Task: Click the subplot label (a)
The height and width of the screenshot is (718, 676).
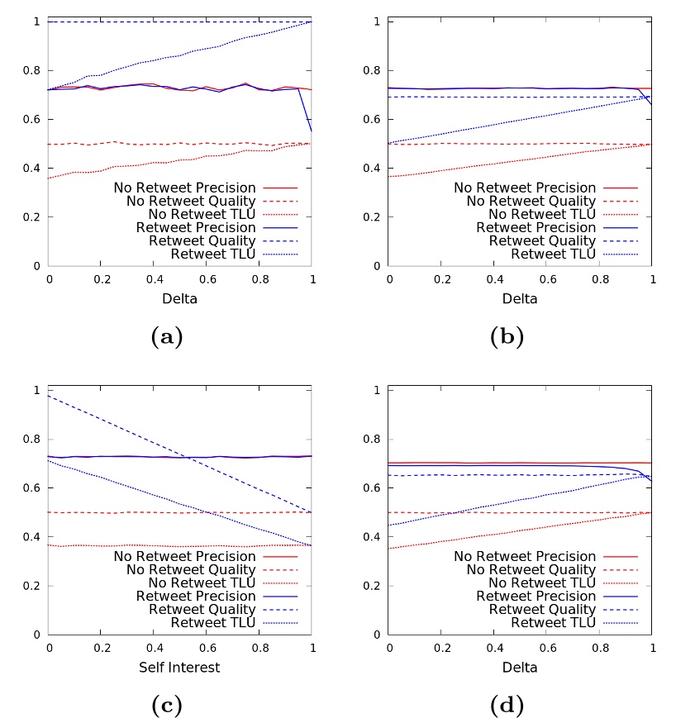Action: click(168, 336)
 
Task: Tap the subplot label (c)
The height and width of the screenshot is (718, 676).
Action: click(168, 705)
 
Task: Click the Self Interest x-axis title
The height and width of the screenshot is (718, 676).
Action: click(180, 667)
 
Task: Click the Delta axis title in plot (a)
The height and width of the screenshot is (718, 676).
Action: click(180, 298)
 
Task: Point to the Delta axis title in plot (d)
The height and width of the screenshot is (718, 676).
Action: click(521, 667)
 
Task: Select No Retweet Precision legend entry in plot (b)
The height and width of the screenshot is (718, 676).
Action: click(524, 188)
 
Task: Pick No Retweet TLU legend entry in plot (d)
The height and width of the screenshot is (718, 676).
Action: click(536, 582)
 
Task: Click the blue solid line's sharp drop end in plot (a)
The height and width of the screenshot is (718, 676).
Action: click(312, 131)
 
